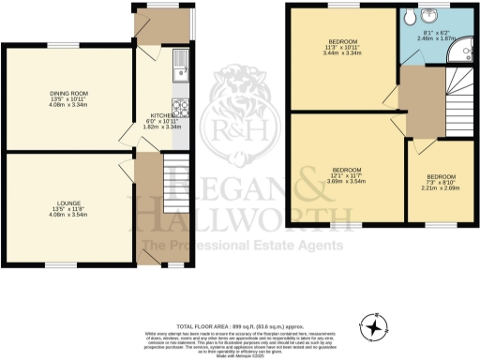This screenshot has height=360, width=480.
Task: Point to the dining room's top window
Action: pos(63,47)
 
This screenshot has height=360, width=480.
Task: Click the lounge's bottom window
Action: pos(63,264)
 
